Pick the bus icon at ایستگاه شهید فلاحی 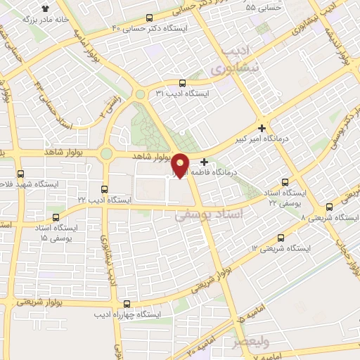pyautogui.click(x=20, y=173)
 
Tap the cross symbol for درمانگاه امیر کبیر pyautogui.click(x=262, y=128)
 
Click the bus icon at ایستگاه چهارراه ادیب pyautogui.click(x=127, y=304)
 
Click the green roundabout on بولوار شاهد pyautogui.click(x=106, y=153)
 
